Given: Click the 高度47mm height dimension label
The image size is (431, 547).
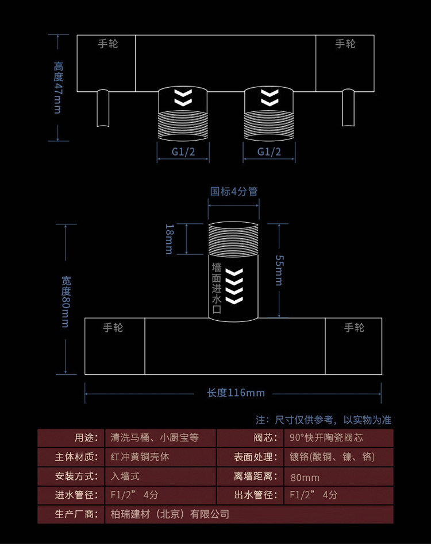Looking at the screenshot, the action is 58,88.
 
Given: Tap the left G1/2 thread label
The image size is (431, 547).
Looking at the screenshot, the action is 183,152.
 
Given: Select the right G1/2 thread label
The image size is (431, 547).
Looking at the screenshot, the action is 269,152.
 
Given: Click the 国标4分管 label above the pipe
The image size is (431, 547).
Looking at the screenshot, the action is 234,191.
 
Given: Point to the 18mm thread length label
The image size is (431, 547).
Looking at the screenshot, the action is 169,239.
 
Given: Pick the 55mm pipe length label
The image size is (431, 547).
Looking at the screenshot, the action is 279,270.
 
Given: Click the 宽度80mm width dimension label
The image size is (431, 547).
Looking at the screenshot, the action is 66,302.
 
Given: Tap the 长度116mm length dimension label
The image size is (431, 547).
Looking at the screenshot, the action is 236,393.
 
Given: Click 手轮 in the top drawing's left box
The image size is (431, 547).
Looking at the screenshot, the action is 108,44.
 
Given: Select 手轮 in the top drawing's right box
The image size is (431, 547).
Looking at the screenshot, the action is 345,44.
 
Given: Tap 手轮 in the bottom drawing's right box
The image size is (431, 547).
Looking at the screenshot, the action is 354,328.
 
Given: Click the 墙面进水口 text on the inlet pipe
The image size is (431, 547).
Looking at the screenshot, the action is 217,288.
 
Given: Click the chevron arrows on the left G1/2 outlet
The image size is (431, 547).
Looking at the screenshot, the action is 183,98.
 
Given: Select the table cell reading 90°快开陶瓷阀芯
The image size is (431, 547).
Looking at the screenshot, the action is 326,437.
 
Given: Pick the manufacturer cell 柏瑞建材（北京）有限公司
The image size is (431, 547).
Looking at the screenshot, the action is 170,514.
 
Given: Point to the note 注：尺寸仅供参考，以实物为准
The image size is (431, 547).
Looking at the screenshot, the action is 324,420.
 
